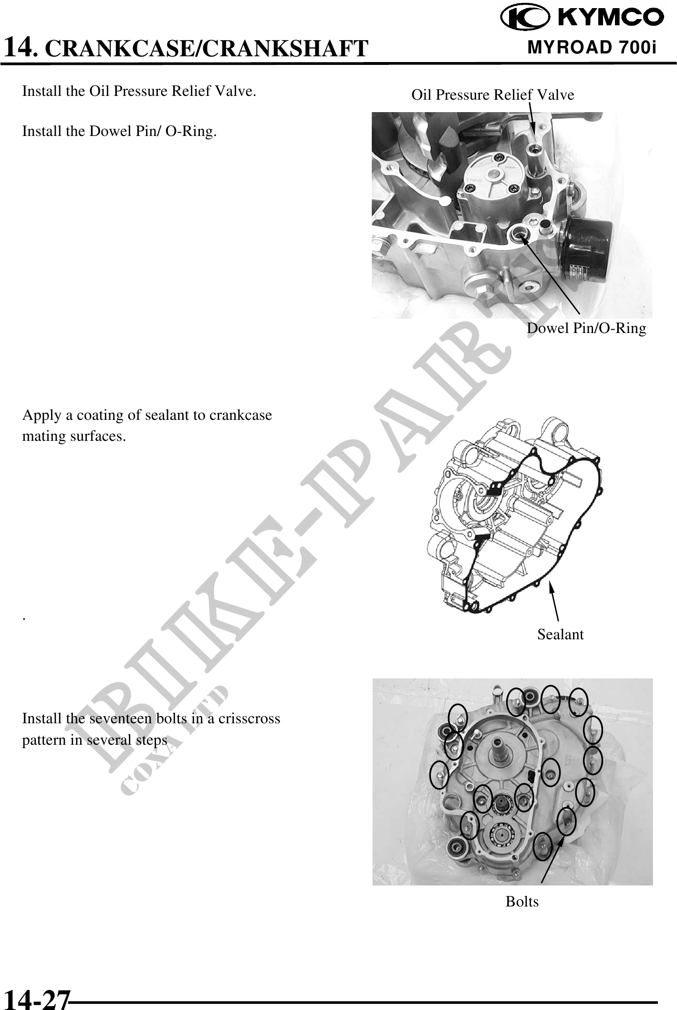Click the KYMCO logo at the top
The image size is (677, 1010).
581,18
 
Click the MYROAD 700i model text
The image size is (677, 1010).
592,48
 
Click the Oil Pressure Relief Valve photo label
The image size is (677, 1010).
493,94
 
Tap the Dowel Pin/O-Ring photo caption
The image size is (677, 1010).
586,328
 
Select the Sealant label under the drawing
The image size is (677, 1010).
561,635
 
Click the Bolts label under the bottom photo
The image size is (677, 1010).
522,902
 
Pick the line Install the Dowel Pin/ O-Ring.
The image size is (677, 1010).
120,131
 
